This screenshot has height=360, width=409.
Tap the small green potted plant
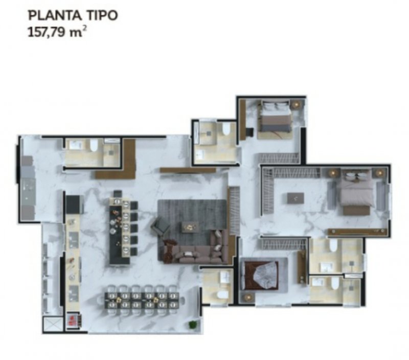tap(193, 324)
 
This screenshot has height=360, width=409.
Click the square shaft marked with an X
tap(53, 324)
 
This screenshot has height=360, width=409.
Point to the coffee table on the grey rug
tap(190, 227)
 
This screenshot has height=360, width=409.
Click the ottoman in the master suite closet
tap(296, 198)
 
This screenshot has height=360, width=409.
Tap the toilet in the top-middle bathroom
tap(226, 129)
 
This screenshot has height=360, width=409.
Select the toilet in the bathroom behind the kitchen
tap(94, 145)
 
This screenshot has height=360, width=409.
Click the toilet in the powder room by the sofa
tap(222, 295)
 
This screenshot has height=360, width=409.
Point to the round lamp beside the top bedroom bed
tap(296, 104)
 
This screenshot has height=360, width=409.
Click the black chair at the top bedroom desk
tap(249, 132)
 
